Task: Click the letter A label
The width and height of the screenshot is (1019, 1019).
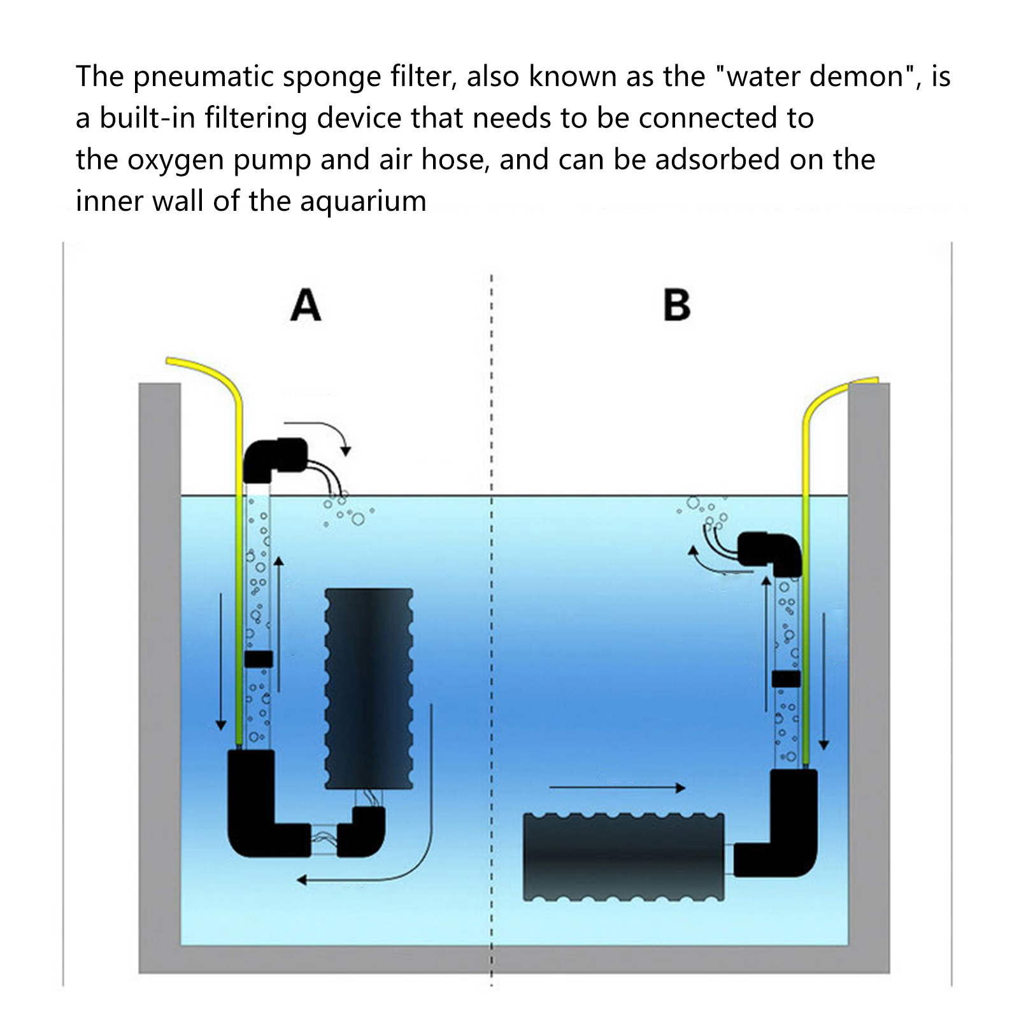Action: (305, 305)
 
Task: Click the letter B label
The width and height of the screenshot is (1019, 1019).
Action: (676, 305)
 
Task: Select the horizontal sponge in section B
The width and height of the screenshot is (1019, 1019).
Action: (623, 857)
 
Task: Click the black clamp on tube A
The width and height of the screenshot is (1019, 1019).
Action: (259, 659)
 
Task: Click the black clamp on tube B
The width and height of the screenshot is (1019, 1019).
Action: (786, 679)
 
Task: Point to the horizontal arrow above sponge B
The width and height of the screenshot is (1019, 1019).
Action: (616, 788)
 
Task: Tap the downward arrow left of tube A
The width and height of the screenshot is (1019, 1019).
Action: (221, 662)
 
